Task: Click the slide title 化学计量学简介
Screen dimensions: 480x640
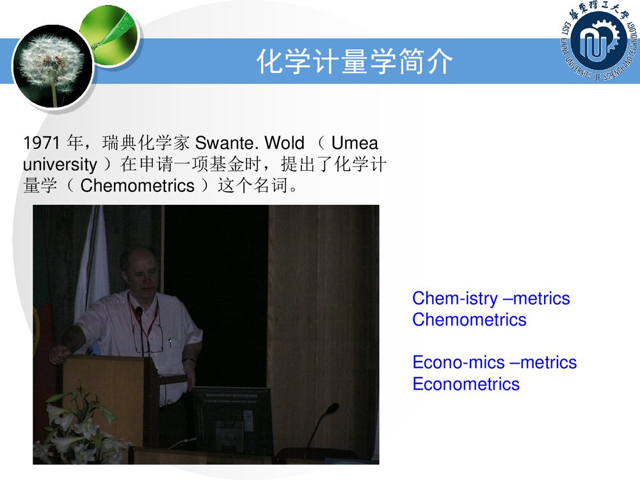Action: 355,62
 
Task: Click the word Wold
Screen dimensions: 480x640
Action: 284,143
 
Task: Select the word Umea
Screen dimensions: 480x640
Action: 355,143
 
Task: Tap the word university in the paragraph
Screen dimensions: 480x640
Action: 60,164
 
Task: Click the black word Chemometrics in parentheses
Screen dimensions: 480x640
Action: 137,186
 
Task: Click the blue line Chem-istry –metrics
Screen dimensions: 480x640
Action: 491,298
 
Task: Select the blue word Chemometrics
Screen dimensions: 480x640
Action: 469,320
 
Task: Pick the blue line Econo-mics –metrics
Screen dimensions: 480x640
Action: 494,363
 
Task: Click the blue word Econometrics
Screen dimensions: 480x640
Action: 466,385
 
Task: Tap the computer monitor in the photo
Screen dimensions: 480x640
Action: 233,420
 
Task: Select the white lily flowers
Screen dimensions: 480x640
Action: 74,426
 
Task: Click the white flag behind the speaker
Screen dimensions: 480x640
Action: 93,269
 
